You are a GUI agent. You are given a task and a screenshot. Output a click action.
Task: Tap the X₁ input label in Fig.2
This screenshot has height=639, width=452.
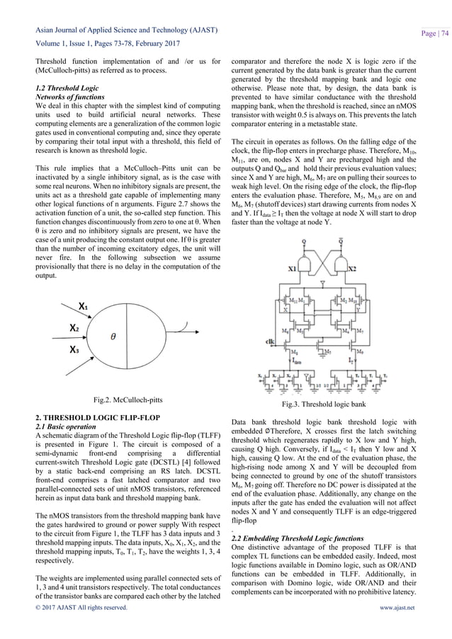[84, 307]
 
